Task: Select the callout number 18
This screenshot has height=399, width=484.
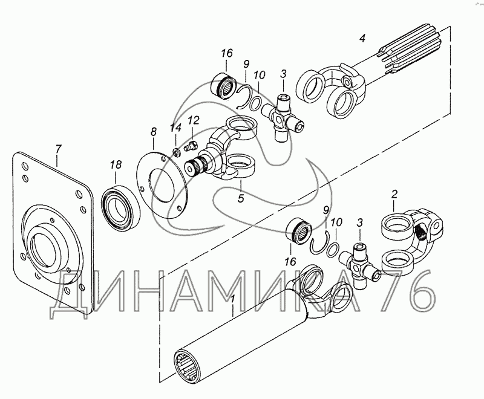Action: pos(116,164)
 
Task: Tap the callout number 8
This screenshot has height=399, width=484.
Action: pos(154,132)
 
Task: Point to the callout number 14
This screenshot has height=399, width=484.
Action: pos(176,128)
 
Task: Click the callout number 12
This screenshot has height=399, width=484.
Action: pos(193,120)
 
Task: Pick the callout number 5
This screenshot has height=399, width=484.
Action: pos(241,198)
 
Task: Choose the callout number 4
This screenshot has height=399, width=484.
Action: pos(362,38)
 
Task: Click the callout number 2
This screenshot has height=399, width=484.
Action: pos(394,194)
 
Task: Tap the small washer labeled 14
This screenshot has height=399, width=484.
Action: pos(176,152)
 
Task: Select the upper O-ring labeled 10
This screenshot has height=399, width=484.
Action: pos(255,103)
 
